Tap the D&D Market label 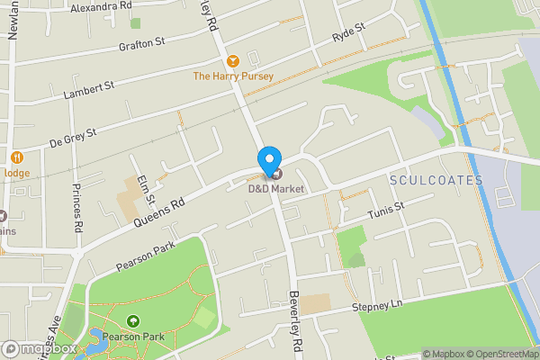(x=276, y=189)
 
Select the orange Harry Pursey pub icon (x=233, y=61)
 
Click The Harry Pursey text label (x=233, y=76)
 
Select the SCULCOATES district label (x=436, y=181)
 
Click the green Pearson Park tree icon (x=134, y=320)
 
